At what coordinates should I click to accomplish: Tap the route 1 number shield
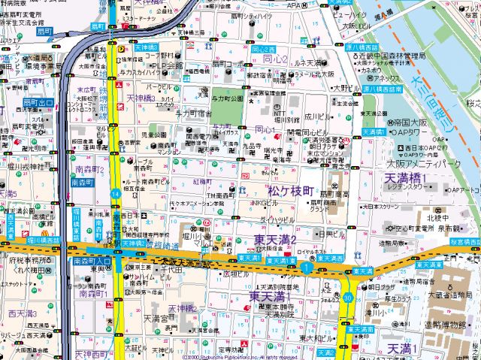307,267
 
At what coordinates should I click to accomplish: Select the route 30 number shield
348,298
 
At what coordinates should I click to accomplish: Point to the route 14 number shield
115,194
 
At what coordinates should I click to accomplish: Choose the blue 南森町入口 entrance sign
92,261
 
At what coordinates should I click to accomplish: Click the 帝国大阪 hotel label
409,121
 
